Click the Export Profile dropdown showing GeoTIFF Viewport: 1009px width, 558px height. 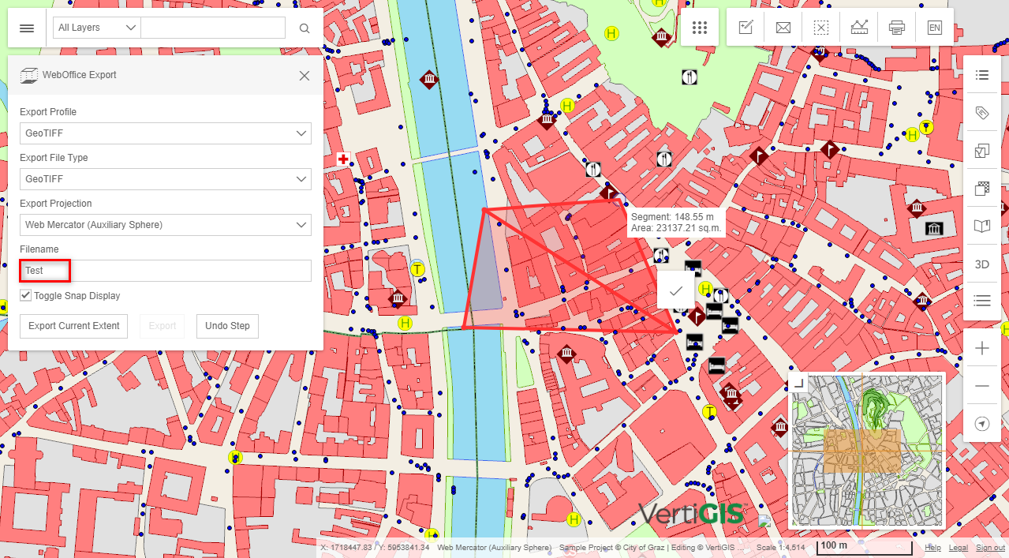165,133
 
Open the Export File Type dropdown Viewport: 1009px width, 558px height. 165,179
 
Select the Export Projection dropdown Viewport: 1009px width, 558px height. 165,225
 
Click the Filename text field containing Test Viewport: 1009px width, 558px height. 165,271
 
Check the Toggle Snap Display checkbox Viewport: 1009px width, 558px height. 26,296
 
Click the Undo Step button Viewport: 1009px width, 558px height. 227,326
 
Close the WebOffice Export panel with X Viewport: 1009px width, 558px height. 305,76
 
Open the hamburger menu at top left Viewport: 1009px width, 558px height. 27,28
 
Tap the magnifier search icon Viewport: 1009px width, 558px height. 305,28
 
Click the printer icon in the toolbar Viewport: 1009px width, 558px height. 896,28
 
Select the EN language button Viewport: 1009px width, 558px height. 934,28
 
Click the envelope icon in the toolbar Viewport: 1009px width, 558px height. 783,28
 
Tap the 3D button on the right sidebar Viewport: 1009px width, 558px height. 982,264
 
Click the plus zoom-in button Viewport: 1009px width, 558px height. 982,348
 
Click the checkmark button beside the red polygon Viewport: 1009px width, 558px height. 676,290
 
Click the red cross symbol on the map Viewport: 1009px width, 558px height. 343,159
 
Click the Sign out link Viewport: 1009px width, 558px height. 990,548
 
